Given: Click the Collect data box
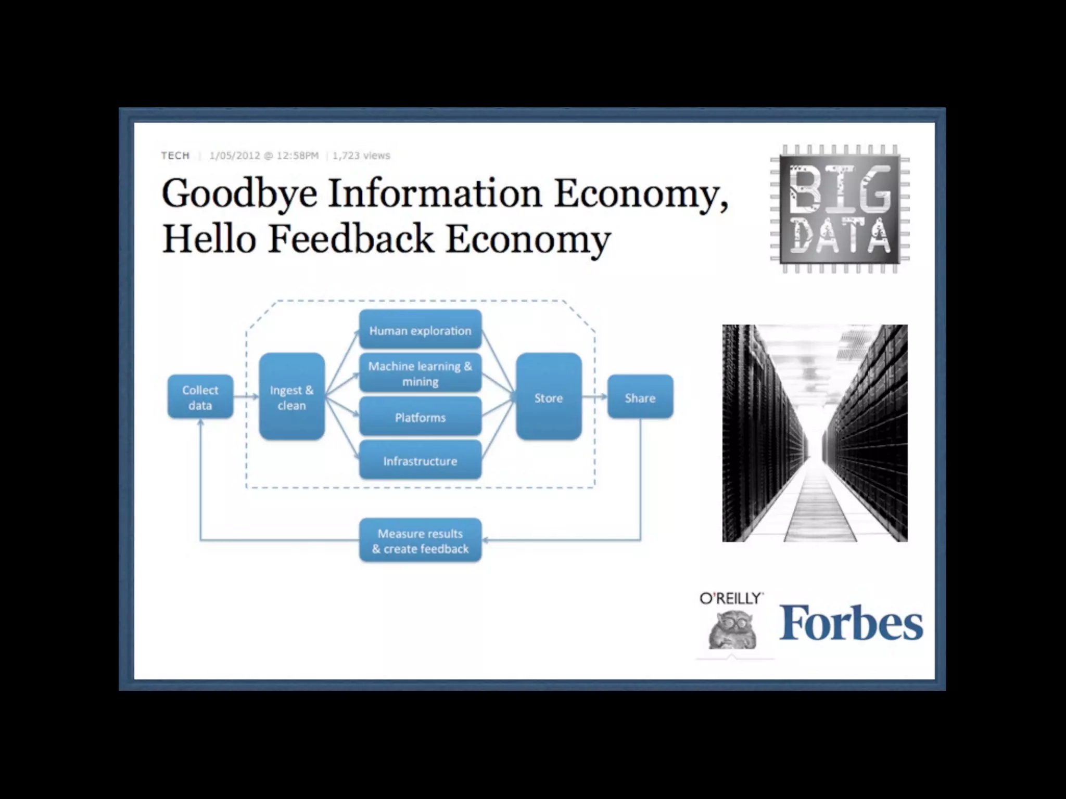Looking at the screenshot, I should tap(200, 397).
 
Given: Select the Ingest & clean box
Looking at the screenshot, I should tap(291, 397).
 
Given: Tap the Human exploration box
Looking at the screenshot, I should tap(420, 330).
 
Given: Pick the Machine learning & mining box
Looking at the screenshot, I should tap(420, 373).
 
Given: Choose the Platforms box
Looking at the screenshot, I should tap(420, 417).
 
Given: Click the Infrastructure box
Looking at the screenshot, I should tap(420, 460).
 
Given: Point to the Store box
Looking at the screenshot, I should tap(549, 397).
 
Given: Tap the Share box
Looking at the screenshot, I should tap(640, 397).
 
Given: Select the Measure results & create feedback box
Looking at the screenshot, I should tap(420, 540).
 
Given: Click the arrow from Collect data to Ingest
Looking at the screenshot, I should tap(246, 397).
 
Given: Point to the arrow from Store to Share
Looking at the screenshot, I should tap(594, 397).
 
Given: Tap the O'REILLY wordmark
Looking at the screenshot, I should tap(731, 599).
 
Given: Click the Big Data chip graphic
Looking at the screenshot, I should tap(840, 209).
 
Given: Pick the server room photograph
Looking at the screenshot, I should tap(815, 433).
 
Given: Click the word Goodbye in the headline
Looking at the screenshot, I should tap(239, 194).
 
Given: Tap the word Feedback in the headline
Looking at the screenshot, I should tap(351, 239).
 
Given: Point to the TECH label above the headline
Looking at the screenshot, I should tap(175, 156).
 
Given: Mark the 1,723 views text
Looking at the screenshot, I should tap(361, 156).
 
